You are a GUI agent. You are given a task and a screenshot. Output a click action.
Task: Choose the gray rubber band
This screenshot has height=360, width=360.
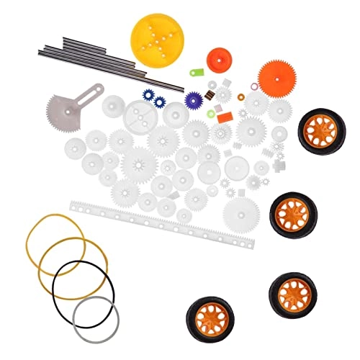tap(94, 314)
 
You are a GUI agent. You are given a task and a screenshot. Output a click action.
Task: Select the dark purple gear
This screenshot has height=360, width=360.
tap(192, 100)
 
